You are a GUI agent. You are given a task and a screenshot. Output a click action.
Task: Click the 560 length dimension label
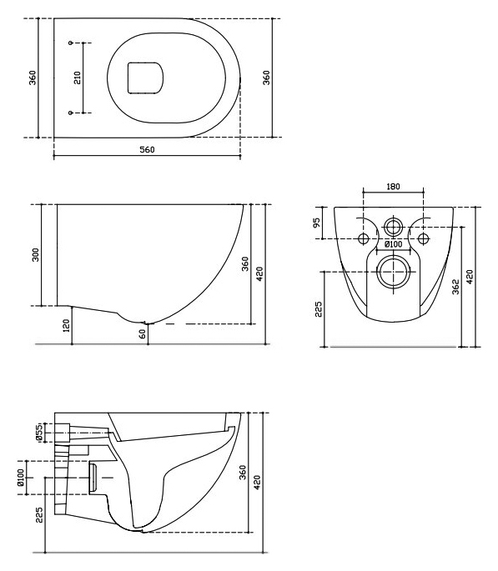coord(147,150)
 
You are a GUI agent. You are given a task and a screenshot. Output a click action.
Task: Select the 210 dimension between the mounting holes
coord(78,78)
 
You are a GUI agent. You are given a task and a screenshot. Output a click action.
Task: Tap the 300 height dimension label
coord(36,255)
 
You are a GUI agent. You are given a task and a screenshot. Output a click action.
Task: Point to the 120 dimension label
coord(66,326)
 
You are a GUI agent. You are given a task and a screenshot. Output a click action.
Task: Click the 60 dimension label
coord(143,333)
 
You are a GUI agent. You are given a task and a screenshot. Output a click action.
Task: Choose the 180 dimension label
coord(393,187)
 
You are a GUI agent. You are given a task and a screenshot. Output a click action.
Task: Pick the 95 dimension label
coord(316,223)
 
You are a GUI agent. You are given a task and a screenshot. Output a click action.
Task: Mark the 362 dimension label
coord(455,287)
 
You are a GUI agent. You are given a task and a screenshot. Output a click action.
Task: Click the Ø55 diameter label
coord(40,433)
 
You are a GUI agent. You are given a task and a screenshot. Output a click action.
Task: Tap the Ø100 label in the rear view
coord(393,244)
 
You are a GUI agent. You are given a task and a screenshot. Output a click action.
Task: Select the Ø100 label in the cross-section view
coord(20,478)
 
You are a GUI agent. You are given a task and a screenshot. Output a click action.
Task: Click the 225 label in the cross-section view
coord(39,515)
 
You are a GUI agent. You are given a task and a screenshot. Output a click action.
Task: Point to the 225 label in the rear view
coord(318,309)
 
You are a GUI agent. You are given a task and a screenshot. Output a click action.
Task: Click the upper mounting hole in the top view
coord(71,43)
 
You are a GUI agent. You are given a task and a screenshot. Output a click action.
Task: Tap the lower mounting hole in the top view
coord(71,113)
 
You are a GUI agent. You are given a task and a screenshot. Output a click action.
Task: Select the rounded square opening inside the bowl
coord(145,78)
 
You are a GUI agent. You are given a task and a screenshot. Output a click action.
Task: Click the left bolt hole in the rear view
coord(364,239)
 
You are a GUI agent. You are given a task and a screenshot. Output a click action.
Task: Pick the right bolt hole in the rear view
coord(423,239)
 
